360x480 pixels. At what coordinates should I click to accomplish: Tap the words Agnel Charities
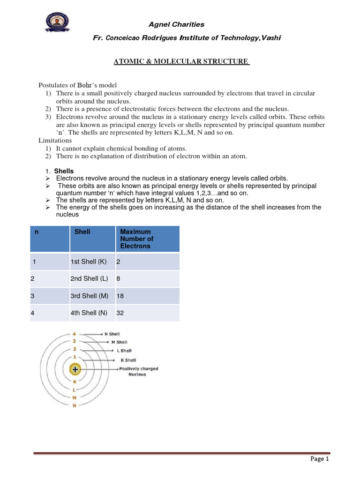[x=176, y=24]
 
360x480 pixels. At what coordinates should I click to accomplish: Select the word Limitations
[x=55, y=140]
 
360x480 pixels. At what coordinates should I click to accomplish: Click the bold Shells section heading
[x=64, y=171]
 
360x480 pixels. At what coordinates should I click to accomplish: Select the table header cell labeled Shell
[x=82, y=232]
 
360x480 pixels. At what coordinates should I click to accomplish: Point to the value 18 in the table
[x=120, y=296]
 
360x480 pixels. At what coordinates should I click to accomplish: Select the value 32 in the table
[x=120, y=313]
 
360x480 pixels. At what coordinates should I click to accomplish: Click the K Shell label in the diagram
[x=127, y=360]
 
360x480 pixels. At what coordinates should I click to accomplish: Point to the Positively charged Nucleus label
[x=138, y=371]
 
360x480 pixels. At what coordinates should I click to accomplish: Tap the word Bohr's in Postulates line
[x=85, y=85]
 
